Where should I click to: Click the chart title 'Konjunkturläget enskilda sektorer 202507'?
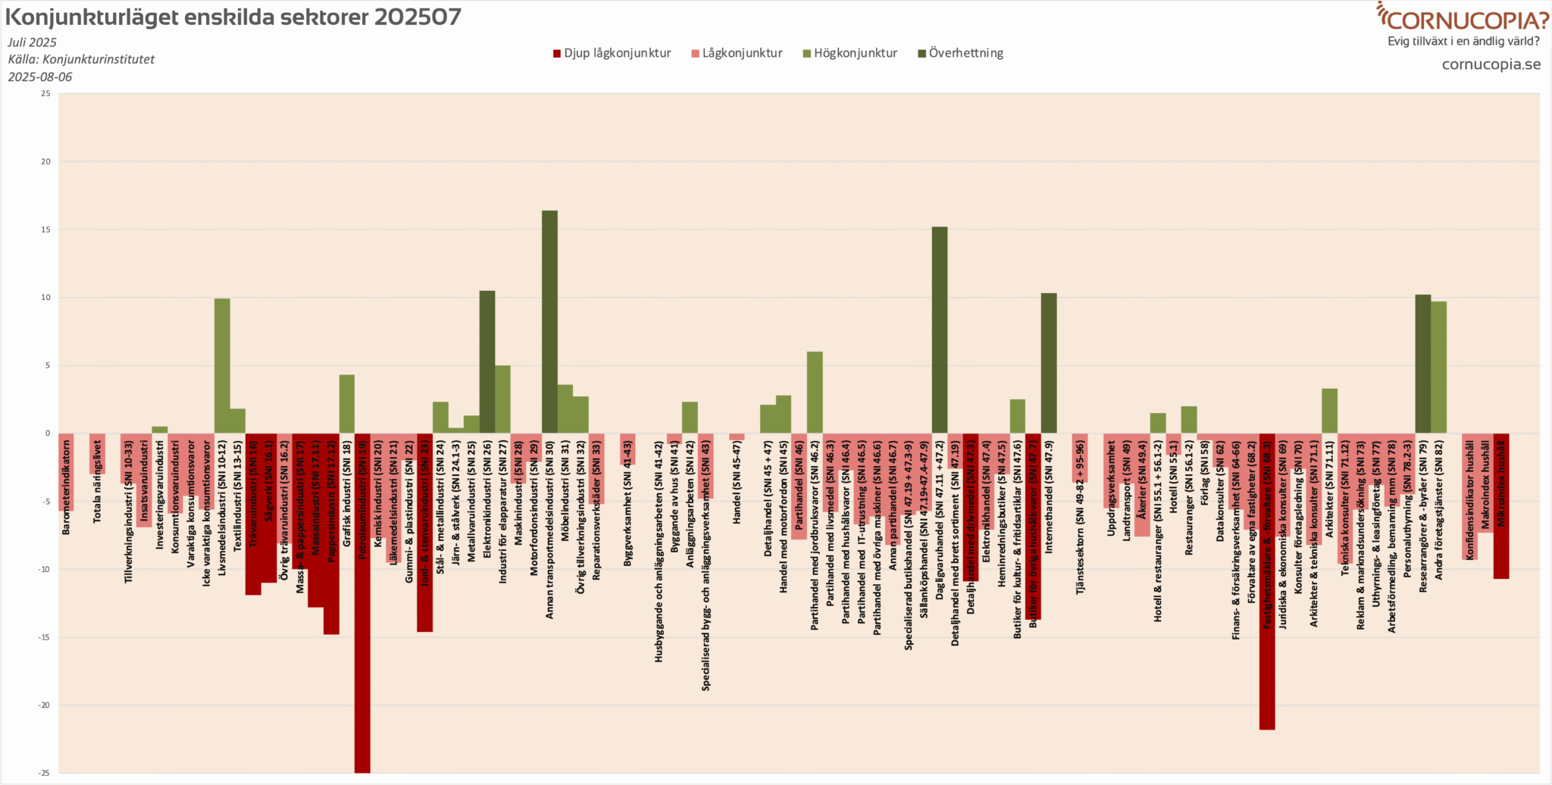coord(233,17)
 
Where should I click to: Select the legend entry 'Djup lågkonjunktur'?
coord(612,53)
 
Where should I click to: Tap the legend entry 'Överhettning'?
coord(960,53)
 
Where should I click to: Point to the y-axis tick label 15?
coord(46,230)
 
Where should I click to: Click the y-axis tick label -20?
coord(45,705)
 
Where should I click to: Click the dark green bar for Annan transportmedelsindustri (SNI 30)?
coord(549,322)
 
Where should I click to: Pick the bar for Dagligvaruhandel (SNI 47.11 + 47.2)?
coord(939,330)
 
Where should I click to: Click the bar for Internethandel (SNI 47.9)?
coord(1048,364)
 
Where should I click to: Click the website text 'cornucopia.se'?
coord(1491,64)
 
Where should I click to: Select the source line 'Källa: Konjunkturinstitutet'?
coord(81,59)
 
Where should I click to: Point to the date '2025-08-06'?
coord(40,77)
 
